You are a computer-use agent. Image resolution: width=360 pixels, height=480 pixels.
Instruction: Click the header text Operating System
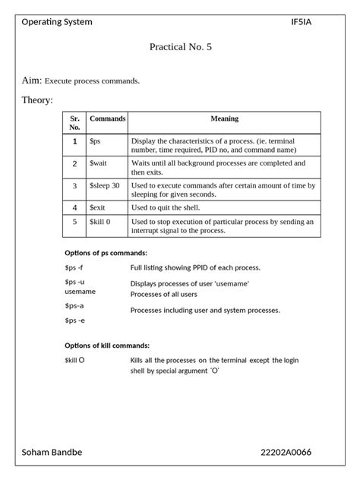click(57, 22)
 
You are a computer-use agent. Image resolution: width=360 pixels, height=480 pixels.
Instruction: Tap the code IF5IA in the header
click(301, 22)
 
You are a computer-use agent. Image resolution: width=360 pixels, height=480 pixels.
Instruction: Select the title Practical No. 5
click(181, 47)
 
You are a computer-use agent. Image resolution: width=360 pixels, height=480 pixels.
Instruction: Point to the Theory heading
click(37, 100)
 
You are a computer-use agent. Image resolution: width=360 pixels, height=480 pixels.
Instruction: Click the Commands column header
click(108, 118)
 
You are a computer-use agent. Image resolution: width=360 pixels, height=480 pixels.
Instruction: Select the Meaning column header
click(224, 118)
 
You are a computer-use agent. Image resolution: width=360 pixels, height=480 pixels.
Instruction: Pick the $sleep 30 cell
click(105, 185)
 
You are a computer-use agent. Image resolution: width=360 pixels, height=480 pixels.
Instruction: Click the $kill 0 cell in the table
click(100, 222)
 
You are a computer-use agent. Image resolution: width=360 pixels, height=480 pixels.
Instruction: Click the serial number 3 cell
click(74, 185)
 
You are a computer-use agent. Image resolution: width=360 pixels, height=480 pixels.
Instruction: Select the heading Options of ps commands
click(106, 252)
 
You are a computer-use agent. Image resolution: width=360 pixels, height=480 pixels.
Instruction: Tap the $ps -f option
click(74, 267)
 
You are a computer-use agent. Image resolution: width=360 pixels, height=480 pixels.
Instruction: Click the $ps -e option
click(74, 321)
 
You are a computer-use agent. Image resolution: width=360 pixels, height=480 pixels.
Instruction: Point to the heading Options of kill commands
click(107, 345)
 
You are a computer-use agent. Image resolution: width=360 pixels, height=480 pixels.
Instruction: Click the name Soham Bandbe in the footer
click(52, 453)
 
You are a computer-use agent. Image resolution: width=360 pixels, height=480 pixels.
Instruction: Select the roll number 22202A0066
click(286, 453)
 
